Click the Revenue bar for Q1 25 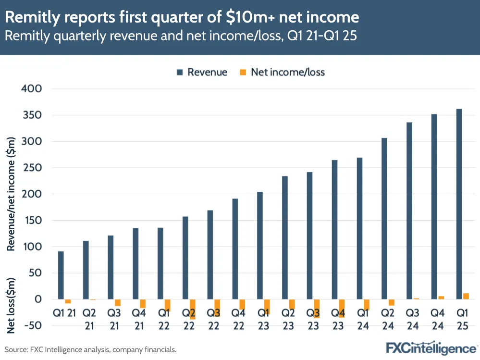point(459,204)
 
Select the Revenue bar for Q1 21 point(61,275)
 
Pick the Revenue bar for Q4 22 point(235,248)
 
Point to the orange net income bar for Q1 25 point(466,296)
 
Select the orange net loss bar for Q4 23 point(342,308)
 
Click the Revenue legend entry point(202,73)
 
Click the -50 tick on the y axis point(31,325)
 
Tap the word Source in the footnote point(17,349)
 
